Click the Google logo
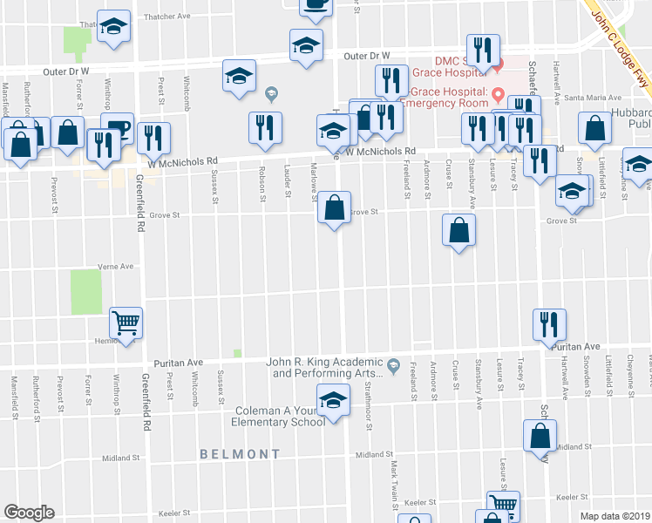(30, 513)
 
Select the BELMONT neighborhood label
(240, 454)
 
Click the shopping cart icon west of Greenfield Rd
(126, 323)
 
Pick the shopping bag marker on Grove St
(334, 208)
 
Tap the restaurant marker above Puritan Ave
(549, 324)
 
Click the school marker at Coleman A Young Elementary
(332, 401)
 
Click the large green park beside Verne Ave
(85, 292)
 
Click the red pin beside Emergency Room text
(499, 93)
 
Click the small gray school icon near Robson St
(271, 93)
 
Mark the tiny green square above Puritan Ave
(236, 353)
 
